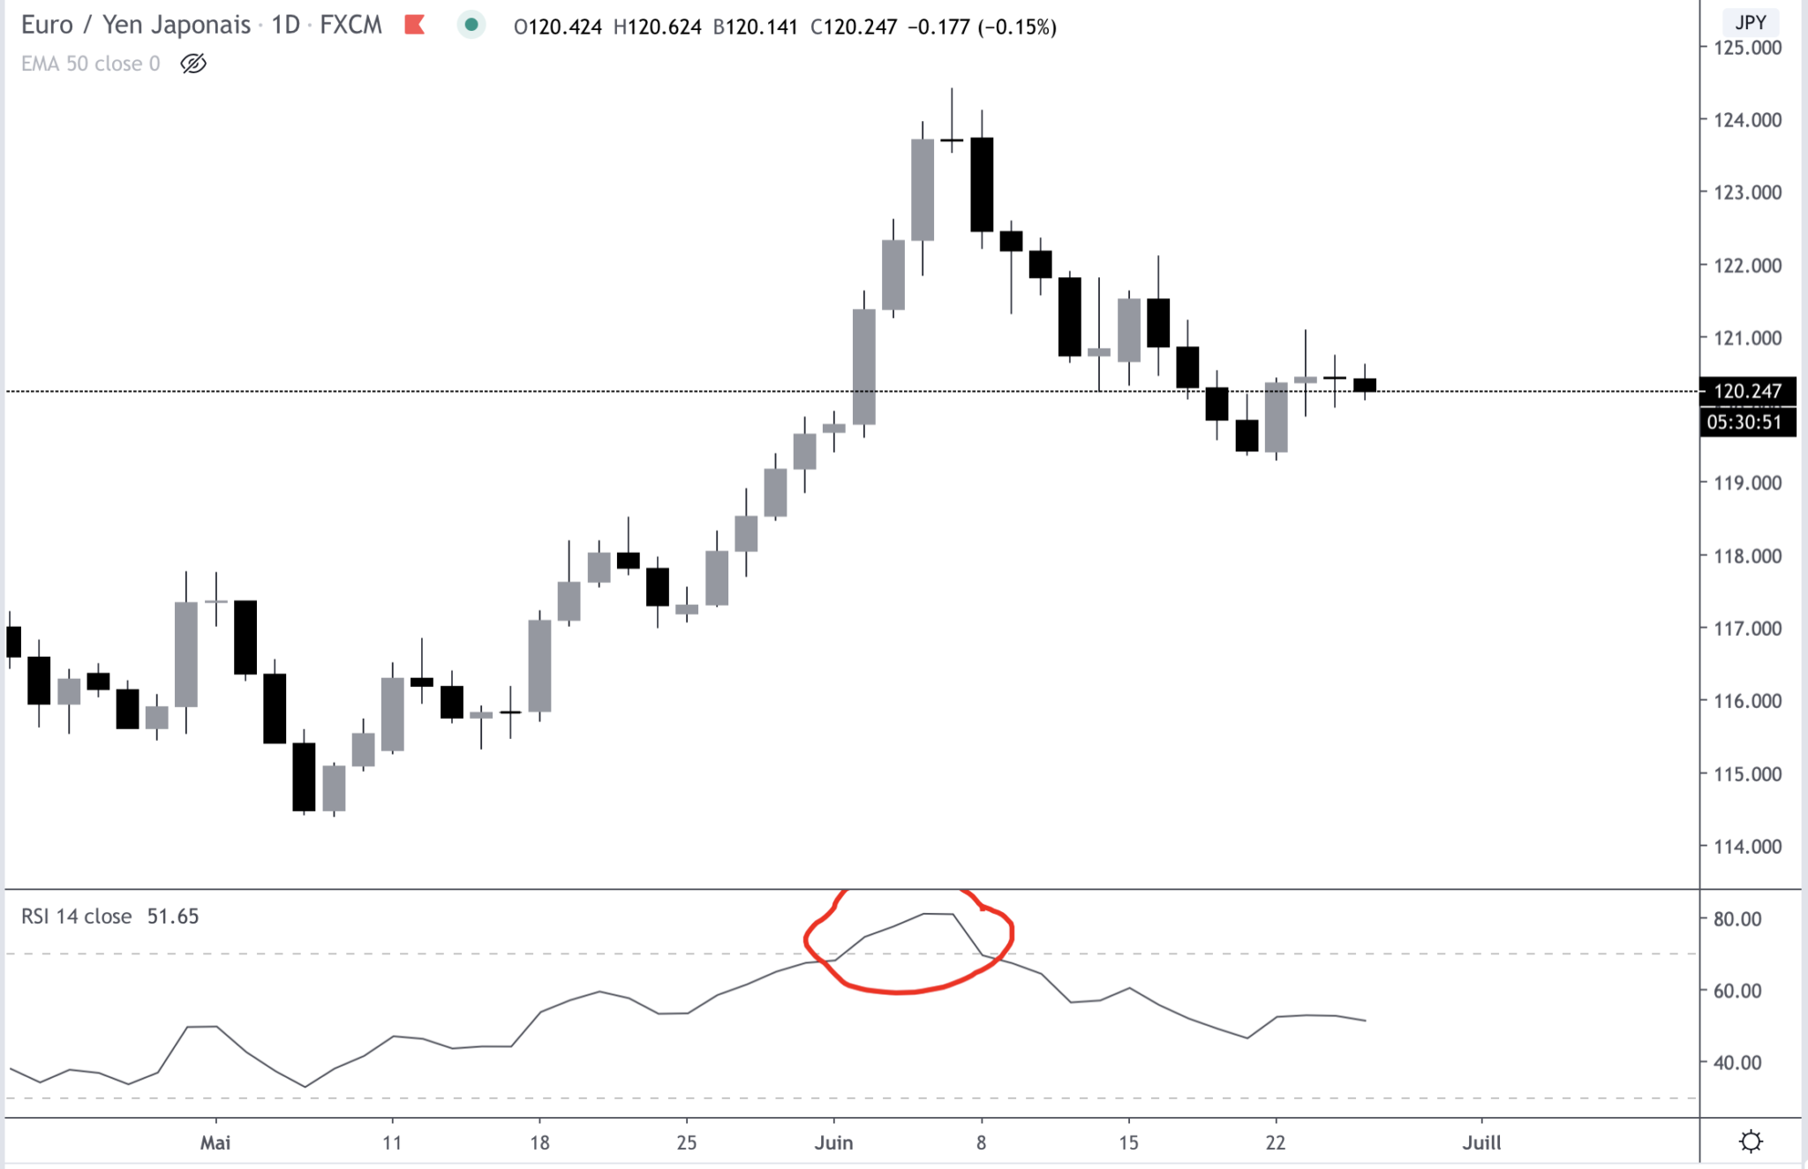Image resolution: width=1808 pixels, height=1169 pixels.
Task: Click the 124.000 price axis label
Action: click(1747, 119)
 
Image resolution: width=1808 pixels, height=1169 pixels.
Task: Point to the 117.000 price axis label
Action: click(1747, 629)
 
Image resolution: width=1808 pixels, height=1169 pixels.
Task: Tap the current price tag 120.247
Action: click(1747, 391)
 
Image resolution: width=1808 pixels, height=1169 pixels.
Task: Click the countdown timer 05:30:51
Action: click(1744, 422)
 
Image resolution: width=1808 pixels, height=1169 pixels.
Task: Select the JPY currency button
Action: click(1750, 22)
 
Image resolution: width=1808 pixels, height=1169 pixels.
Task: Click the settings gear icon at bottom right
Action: click(1751, 1142)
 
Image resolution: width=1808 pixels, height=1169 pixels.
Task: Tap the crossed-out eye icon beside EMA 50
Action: click(193, 64)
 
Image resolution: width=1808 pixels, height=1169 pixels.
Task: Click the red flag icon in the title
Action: click(414, 26)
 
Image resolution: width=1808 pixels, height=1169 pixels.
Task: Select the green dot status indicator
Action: click(471, 26)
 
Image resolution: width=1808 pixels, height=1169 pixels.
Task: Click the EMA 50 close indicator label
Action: click(90, 64)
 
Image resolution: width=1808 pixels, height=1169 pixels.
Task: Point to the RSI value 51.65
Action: click(173, 916)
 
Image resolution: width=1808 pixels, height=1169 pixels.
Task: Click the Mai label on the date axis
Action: click(215, 1143)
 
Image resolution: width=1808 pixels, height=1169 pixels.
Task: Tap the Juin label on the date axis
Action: click(833, 1143)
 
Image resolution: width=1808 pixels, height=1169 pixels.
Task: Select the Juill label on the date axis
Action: click(1481, 1143)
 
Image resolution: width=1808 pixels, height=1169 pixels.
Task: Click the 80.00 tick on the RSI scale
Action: click(1736, 919)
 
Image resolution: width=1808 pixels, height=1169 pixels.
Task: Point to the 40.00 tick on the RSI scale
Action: click(1736, 1063)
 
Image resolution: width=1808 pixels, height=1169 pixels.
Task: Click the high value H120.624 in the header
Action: click(658, 27)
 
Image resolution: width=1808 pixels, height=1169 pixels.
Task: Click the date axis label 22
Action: click(1275, 1143)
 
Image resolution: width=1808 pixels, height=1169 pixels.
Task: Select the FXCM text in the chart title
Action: click(350, 25)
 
